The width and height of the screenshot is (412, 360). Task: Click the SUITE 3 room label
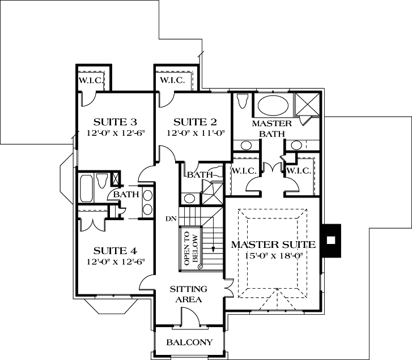tap(116, 122)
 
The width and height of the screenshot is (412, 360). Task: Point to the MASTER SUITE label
tap(273, 245)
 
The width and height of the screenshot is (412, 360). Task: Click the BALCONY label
tap(189, 342)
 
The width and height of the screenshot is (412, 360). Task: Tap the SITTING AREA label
tap(189, 294)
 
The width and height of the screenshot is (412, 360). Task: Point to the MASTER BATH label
tap(271, 128)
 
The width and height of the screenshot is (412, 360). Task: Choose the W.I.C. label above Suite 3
tap(91, 80)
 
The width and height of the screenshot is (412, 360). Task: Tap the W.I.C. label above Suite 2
tap(172, 80)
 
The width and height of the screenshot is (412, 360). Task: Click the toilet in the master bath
tap(243, 101)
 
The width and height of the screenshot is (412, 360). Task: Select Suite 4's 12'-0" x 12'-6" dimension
tap(116, 262)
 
